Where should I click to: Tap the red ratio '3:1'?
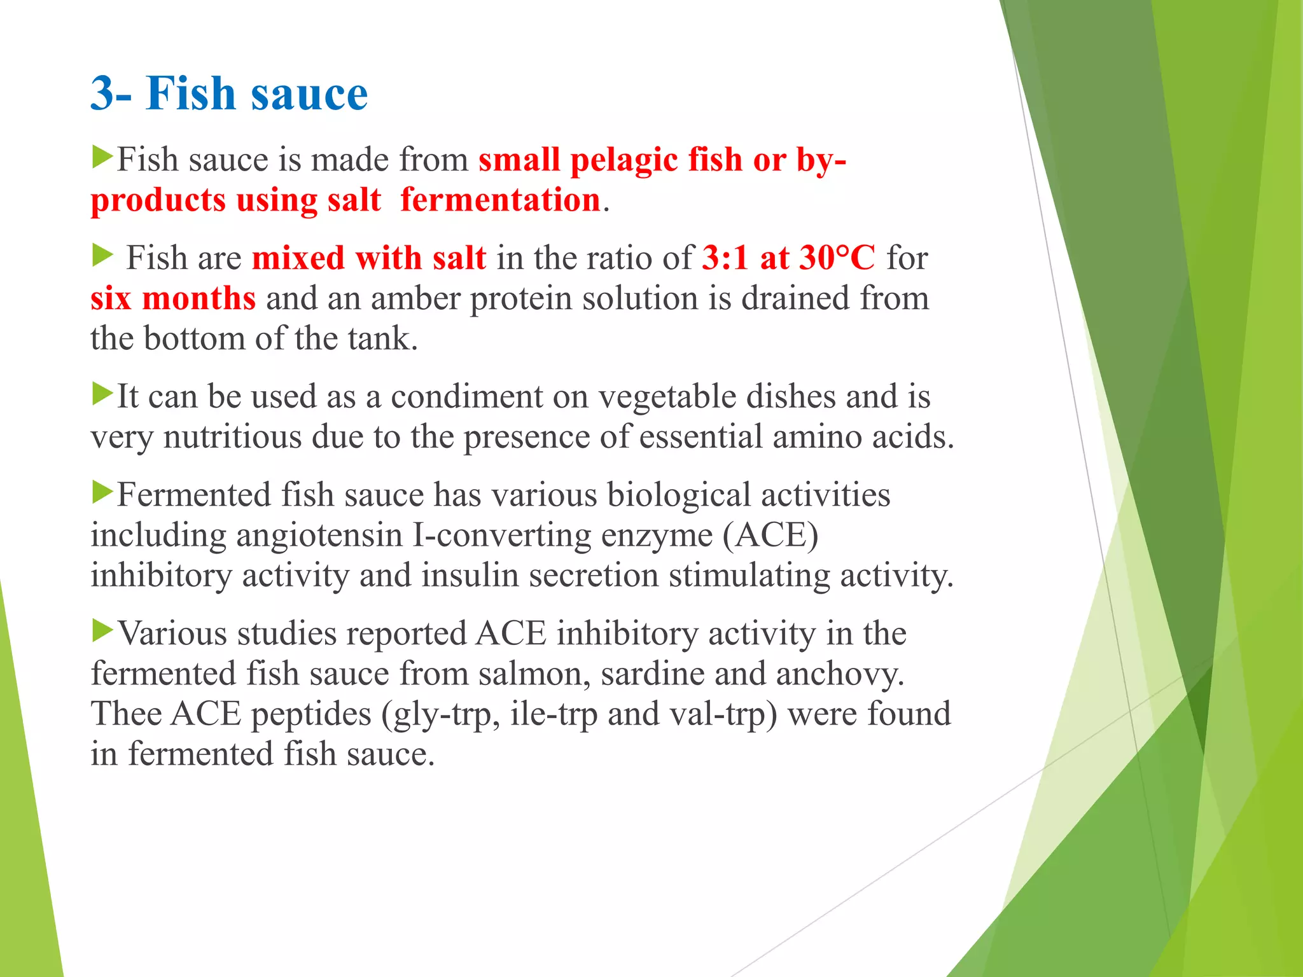[x=725, y=258]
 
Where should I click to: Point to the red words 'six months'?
[x=173, y=298]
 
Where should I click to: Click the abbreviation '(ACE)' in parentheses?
[x=770, y=535]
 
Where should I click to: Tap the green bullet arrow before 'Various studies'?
[x=102, y=630]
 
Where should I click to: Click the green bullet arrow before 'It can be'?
[x=102, y=394]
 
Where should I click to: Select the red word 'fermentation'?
[x=501, y=200]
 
